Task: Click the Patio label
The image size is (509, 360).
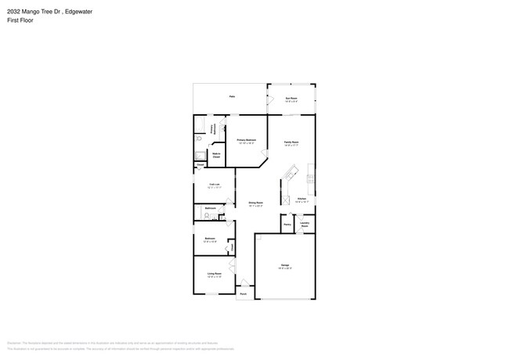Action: [x=232, y=96]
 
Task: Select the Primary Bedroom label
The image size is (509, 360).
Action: [x=247, y=142]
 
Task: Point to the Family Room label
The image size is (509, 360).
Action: [x=291, y=143]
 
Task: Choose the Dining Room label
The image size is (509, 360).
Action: [x=255, y=203]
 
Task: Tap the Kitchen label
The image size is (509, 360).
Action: [x=301, y=200]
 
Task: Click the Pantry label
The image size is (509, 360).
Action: [x=287, y=224]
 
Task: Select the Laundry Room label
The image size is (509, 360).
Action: [x=305, y=224]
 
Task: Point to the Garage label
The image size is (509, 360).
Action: [x=285, y=267]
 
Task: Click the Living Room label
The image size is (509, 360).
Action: [x=214, y=275]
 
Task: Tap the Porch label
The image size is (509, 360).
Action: [x=243, y=295]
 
